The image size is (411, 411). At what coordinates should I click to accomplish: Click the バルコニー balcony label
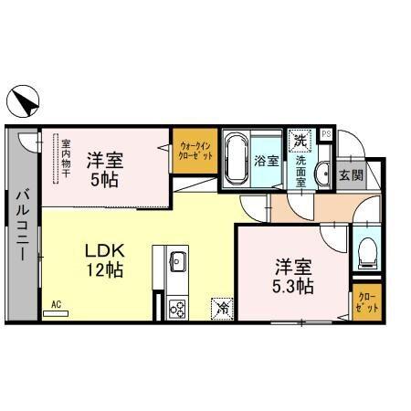point(20,223)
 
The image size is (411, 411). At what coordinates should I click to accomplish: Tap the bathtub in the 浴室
point(237,160)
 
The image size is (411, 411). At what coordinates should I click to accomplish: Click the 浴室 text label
point(267,162)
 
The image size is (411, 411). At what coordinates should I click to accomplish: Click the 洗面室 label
point(300,171)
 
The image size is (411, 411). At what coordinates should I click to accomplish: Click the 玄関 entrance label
point(350,174)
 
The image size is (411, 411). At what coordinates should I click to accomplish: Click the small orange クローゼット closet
point(365,301)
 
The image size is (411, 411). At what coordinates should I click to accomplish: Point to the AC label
point(56,303)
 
